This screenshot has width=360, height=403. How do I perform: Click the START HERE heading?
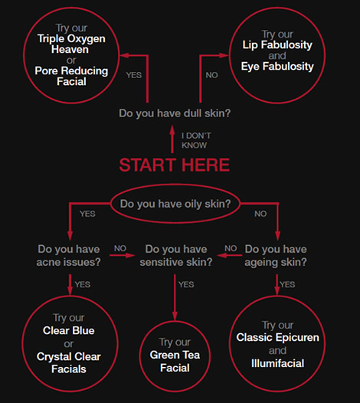[x=174, y=165]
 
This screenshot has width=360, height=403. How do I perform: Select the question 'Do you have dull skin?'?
[x=175, y=113]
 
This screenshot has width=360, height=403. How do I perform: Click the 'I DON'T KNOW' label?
[x=196, y=140]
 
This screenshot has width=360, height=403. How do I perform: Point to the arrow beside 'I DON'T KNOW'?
[x=172, y=139]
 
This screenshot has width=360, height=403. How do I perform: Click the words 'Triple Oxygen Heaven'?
[x=71, y=44]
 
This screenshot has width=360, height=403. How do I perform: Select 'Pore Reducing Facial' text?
[x=71, y=76]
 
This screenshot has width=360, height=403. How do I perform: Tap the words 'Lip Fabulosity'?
[x=277, y=44]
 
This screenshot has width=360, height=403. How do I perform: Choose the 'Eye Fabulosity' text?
[x=277, y=67]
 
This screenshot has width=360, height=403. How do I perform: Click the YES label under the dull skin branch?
[x=133, y=75]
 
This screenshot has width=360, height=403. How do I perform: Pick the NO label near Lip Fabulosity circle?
[x=211, y=75]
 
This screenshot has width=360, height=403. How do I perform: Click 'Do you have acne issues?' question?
[x=69, y=256]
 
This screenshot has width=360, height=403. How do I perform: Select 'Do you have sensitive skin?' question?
[x=176, y=256]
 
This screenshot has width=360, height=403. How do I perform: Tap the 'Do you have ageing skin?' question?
[x=276, y=256]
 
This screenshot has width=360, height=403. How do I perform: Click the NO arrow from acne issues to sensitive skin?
[x=122, y=255]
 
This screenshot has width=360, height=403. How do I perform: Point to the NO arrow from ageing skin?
[x=230, y=255]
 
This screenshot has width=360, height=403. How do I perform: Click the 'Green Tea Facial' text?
[x=175, y=362]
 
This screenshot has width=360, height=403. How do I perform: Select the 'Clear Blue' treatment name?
[x=69, y=330]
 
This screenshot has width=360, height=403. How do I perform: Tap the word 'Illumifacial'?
[x=278, y=363]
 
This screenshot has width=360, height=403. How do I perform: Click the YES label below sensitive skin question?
[x=186, y=284]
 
